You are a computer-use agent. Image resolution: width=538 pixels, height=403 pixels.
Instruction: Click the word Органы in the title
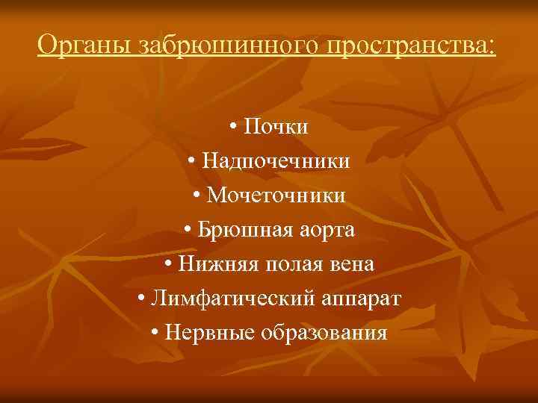[x=84, y=46]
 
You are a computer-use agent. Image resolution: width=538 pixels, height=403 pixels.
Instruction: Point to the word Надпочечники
[x=276, y=161]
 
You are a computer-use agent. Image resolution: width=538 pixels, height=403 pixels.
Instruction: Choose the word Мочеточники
[x=276, y=196]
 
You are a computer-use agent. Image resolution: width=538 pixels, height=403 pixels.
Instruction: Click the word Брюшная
[x=238, y=230]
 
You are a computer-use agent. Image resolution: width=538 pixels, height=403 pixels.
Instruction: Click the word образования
[x=324, y=333]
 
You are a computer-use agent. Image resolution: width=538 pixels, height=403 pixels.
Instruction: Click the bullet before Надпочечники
[x=193, y=162]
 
